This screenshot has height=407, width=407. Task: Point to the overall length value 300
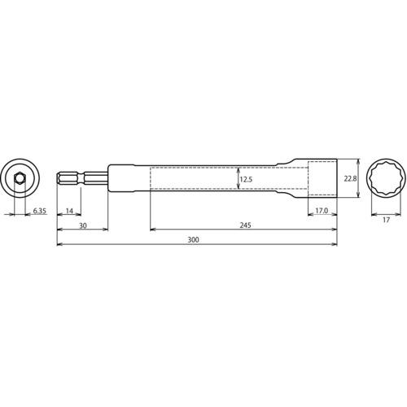pos(193,241)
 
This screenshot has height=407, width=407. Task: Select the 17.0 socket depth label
pos(322,212)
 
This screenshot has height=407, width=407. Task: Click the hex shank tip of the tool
pos(61,177)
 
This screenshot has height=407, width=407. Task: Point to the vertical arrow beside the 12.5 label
pos(237,178)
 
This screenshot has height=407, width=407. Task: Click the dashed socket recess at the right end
pos(321,177)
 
